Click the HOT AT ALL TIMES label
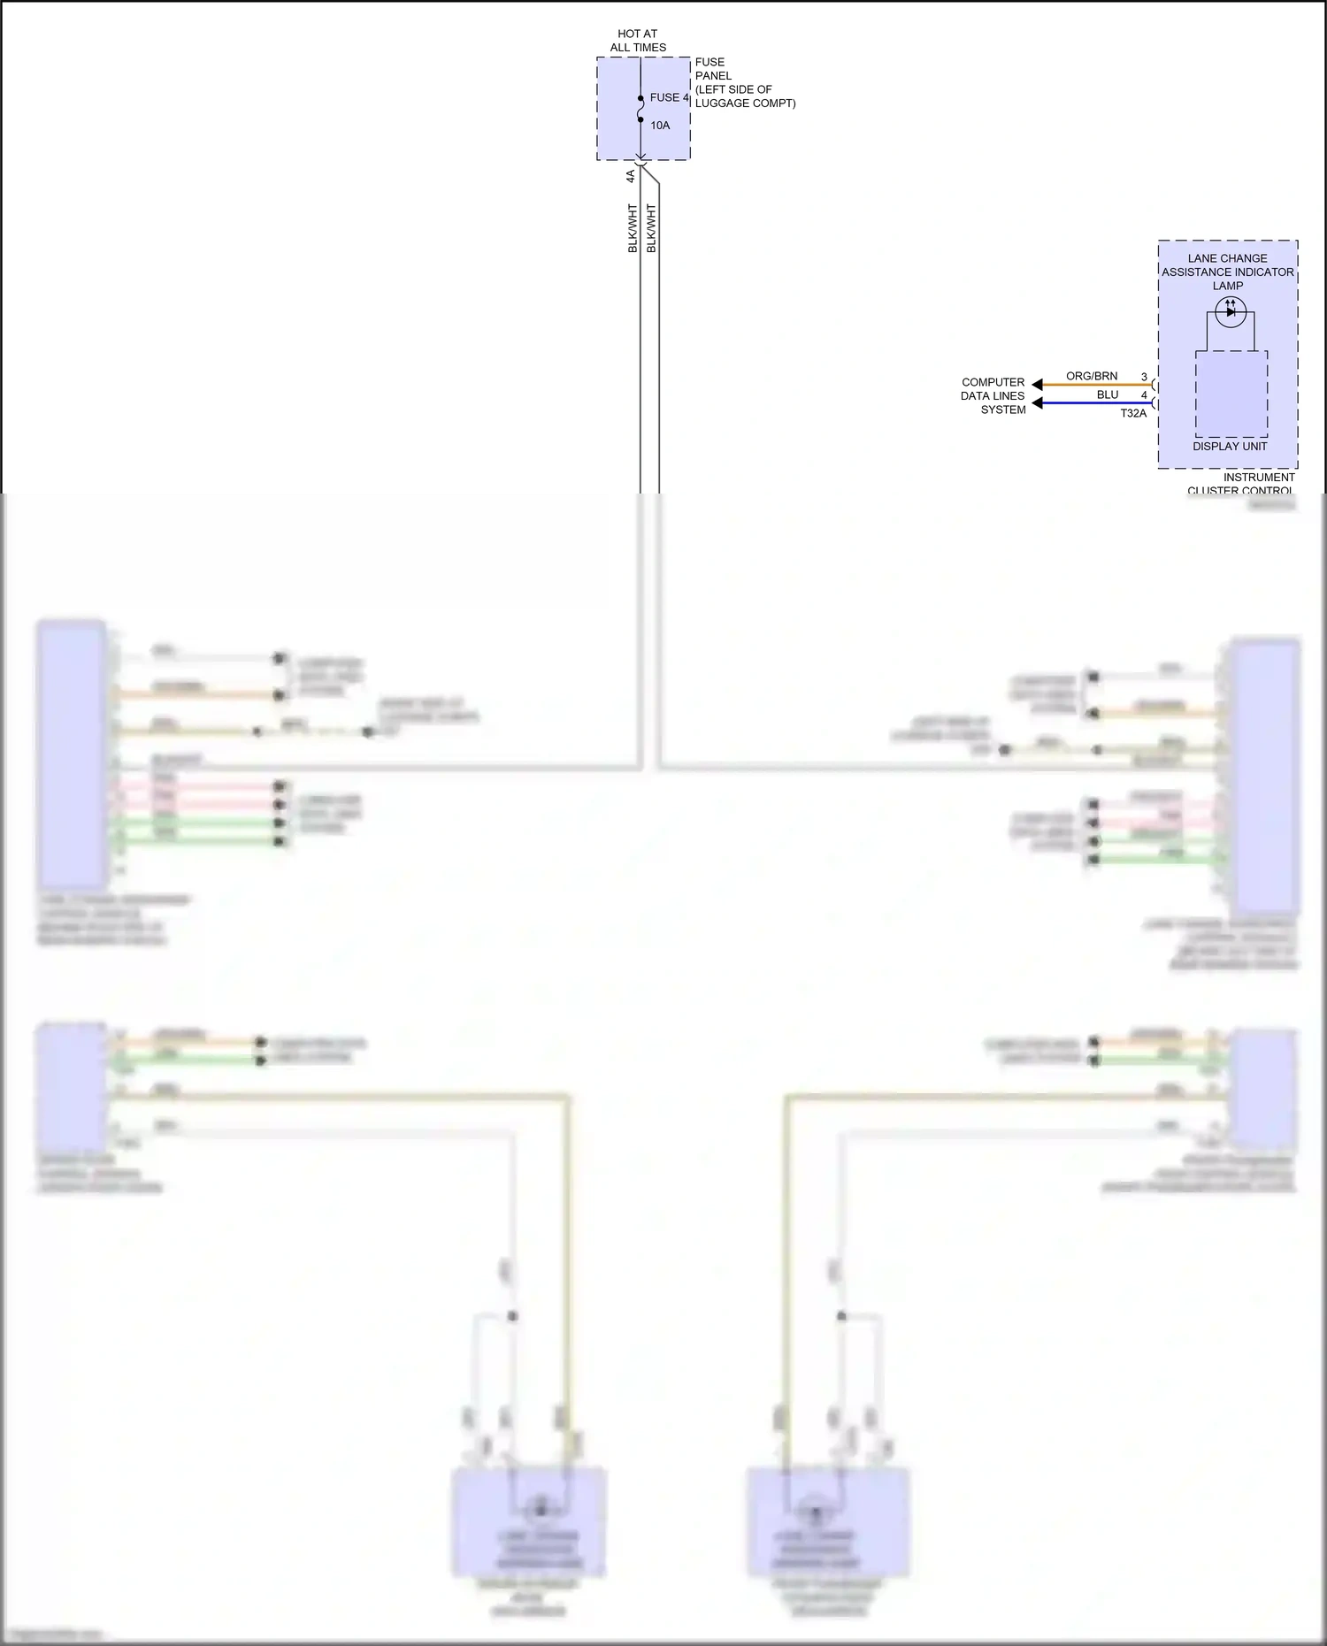coord(638,41)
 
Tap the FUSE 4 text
coord(669,97)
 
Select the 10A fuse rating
coord(660,126)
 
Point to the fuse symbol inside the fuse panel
coord(640,109)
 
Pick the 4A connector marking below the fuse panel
coord(631,176)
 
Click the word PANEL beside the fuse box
coord(713,76)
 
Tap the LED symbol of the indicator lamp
coord(1230,311)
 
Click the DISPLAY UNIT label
coord(1230,447)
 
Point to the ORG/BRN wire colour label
coord(1092,376)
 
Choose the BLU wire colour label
coord(1108,394)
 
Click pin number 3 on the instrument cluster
coord(1144,377)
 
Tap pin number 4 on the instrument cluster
coord(1144,395)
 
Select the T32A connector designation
coord(1133,413)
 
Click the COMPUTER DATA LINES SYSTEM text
coord(993,396)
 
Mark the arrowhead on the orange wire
coord(1038,385)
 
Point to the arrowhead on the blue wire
coord(1038,403)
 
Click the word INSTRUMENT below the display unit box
coord(1259,478)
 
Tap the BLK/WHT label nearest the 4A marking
coord(633,228)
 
